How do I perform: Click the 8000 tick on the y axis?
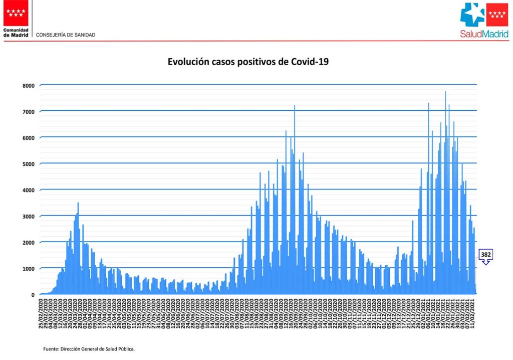(28, 86)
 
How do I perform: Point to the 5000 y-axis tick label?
(28, 164)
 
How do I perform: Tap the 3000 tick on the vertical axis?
(28, 217)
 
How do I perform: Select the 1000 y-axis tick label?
(28, 269)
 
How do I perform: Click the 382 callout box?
(485, 255)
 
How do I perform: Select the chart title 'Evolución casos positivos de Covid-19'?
(248, 62)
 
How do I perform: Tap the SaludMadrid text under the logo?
(484, 34)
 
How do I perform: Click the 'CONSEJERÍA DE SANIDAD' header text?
(66, 35)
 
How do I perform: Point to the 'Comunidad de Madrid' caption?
(16, 33)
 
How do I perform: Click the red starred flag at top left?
(16, 13)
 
